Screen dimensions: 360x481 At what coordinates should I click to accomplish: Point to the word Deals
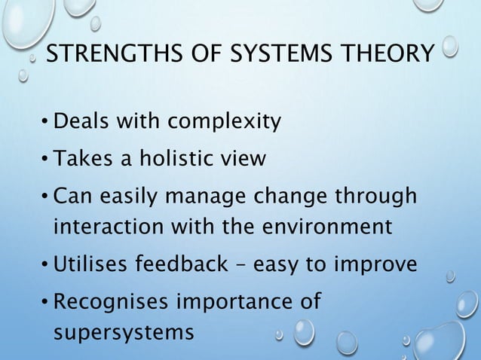click(81, 121)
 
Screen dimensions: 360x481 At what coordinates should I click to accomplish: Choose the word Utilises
click(93, 264)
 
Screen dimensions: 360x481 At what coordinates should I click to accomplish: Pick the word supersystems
click(124, 332)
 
